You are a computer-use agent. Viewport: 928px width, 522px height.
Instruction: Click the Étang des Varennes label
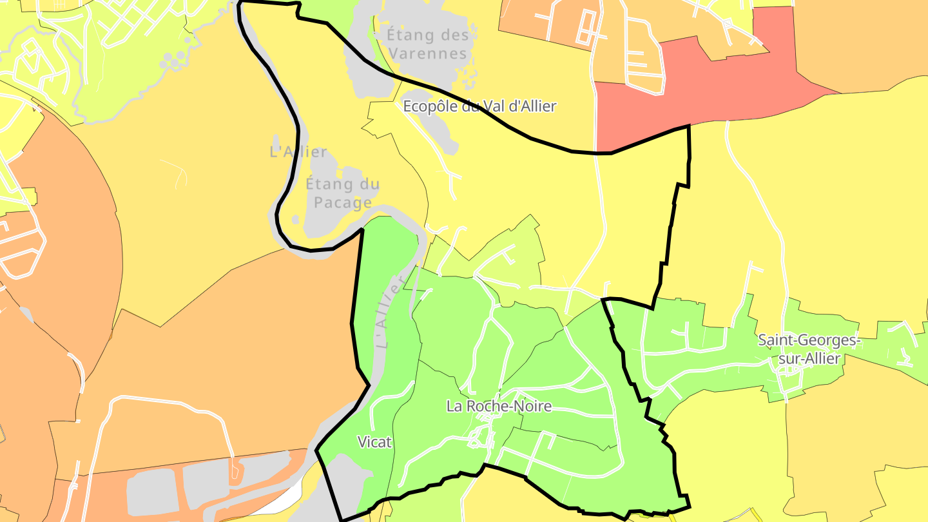point(428,44)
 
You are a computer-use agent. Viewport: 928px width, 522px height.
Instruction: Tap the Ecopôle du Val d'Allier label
point(479,106)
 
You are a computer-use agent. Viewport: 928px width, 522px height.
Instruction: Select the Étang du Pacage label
point(342,193)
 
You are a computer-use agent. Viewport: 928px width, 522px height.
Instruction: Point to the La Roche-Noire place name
point(499,406)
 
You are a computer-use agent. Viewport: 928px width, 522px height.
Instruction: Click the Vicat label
point(374,442)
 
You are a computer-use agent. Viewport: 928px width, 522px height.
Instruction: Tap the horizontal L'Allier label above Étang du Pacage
point(298,152)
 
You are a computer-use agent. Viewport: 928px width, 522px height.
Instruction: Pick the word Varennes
point(428,53)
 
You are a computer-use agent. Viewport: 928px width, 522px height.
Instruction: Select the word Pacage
point(342,202)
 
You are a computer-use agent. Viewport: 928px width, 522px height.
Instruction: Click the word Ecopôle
point(430,106)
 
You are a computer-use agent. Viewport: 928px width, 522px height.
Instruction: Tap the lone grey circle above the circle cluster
point(188,40)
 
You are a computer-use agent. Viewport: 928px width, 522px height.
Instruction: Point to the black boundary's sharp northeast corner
point(689,126)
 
